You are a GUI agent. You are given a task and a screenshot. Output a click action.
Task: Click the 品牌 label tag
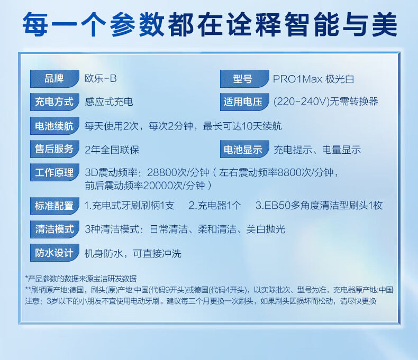click(54, 79)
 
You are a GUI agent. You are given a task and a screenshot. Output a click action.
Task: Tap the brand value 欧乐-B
click(101, 79)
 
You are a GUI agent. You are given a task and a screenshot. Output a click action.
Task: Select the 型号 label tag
click(244, 79)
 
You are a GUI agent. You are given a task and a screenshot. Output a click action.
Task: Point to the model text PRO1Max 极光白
click(313, 79)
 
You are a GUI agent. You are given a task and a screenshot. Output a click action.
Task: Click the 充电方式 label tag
click(54, 101)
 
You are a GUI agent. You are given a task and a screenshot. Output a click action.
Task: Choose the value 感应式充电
click(109, 101)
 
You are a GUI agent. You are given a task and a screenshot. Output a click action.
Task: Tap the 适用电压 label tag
click(244, 101)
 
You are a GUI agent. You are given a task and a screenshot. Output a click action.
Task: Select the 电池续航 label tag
click(54, 126)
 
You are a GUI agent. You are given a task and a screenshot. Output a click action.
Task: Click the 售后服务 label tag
click(54, 149)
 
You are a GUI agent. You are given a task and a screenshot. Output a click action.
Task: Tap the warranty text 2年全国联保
click(112, 150)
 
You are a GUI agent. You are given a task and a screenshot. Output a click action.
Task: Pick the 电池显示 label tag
click(244, 149)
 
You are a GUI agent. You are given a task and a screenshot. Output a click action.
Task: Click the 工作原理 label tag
click(54, 172)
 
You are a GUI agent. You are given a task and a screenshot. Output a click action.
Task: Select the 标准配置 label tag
click(54, 206)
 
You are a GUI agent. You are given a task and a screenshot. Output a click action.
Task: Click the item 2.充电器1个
click(215, 205)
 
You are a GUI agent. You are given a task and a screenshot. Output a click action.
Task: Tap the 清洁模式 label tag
click(54, 229)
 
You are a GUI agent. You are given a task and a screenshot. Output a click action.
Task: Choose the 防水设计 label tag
click(54, 253)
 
